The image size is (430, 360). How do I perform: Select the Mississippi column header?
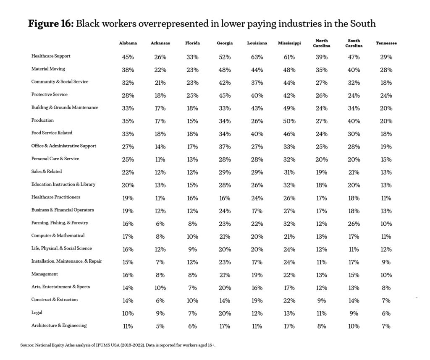(289, 43)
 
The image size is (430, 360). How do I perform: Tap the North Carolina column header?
(321, 43)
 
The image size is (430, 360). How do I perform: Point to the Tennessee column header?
(386, 43)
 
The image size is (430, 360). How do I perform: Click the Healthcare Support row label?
(51, 56)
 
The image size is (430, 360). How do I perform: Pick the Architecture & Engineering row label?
(59, 326)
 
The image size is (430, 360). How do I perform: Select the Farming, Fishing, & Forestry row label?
(60, 223)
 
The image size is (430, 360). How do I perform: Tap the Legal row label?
(37, 313)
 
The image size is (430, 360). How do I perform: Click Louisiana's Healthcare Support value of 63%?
(257, 57)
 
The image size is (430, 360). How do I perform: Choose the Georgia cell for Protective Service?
(224, 95)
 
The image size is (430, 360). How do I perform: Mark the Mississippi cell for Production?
(289, 121)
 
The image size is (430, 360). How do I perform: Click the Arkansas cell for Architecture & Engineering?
(160, 326)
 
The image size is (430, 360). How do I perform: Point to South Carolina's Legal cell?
(354, 313)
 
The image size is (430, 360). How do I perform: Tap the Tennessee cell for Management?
(386, 275)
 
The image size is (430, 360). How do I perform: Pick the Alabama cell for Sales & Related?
(128, 172)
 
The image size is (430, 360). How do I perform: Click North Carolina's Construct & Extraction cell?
(321, 301)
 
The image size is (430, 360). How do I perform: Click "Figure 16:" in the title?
(51, 23)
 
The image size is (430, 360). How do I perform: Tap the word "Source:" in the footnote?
(27, 345)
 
